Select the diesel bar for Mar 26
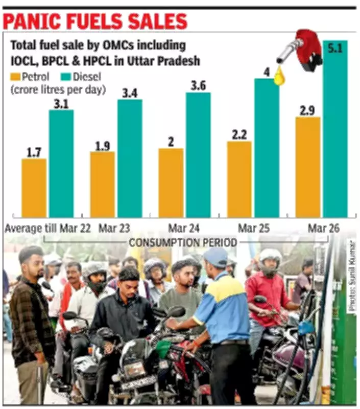click(335, 128)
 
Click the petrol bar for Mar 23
click(102, 184)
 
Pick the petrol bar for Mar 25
click(239, 179)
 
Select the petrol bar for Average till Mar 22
click(34, 188)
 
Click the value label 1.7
click(34, 152)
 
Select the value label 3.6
click(198, 86)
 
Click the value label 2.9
click(307, 110)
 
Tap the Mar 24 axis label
click(184, 228)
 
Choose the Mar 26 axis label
click(323, 228)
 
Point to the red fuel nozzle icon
click(304, 49)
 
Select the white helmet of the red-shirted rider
click(270, 256)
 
